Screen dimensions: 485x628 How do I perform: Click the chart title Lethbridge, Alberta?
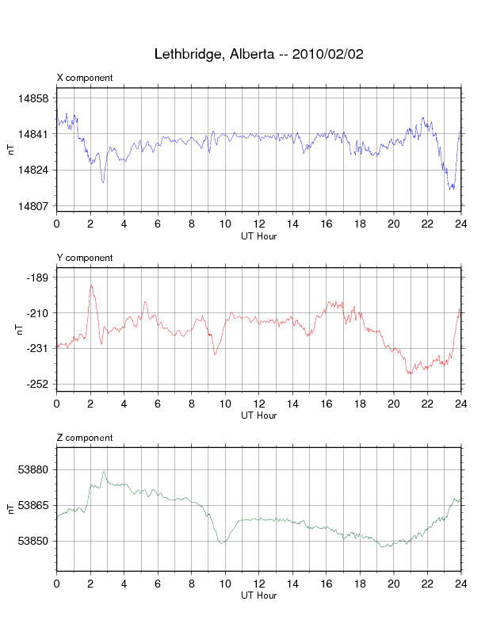coord(215,55)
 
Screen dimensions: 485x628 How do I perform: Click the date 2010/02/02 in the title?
coord(328,54)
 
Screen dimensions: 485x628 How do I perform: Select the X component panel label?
coord(85,78)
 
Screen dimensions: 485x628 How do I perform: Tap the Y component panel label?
coord(85,258)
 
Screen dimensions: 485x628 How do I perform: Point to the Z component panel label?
coord(85,438)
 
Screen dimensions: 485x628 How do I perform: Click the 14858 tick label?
coord(33,98)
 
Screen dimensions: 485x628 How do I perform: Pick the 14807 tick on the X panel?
coord(33,206)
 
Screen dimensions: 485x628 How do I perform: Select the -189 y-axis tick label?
coord(37,278)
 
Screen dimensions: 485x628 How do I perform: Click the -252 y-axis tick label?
coord(37,384)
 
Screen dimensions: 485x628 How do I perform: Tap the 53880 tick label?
coord(33,469)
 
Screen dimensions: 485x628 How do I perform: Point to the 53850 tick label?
coord(33,541)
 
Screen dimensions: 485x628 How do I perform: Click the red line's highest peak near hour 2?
coord(91,285)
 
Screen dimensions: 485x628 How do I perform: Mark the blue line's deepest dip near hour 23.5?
coord(451,189)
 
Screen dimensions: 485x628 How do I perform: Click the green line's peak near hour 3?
coord(104,472)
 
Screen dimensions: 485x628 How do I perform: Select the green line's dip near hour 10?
coord(221,543)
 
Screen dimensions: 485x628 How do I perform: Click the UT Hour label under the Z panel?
coord(259,595)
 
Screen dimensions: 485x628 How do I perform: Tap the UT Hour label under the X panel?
coord(259,236)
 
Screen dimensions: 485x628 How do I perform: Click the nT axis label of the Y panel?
coord(20,329)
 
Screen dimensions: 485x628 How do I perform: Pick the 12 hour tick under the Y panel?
coord(259,404)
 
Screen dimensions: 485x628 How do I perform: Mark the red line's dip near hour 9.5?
coord(215,354)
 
